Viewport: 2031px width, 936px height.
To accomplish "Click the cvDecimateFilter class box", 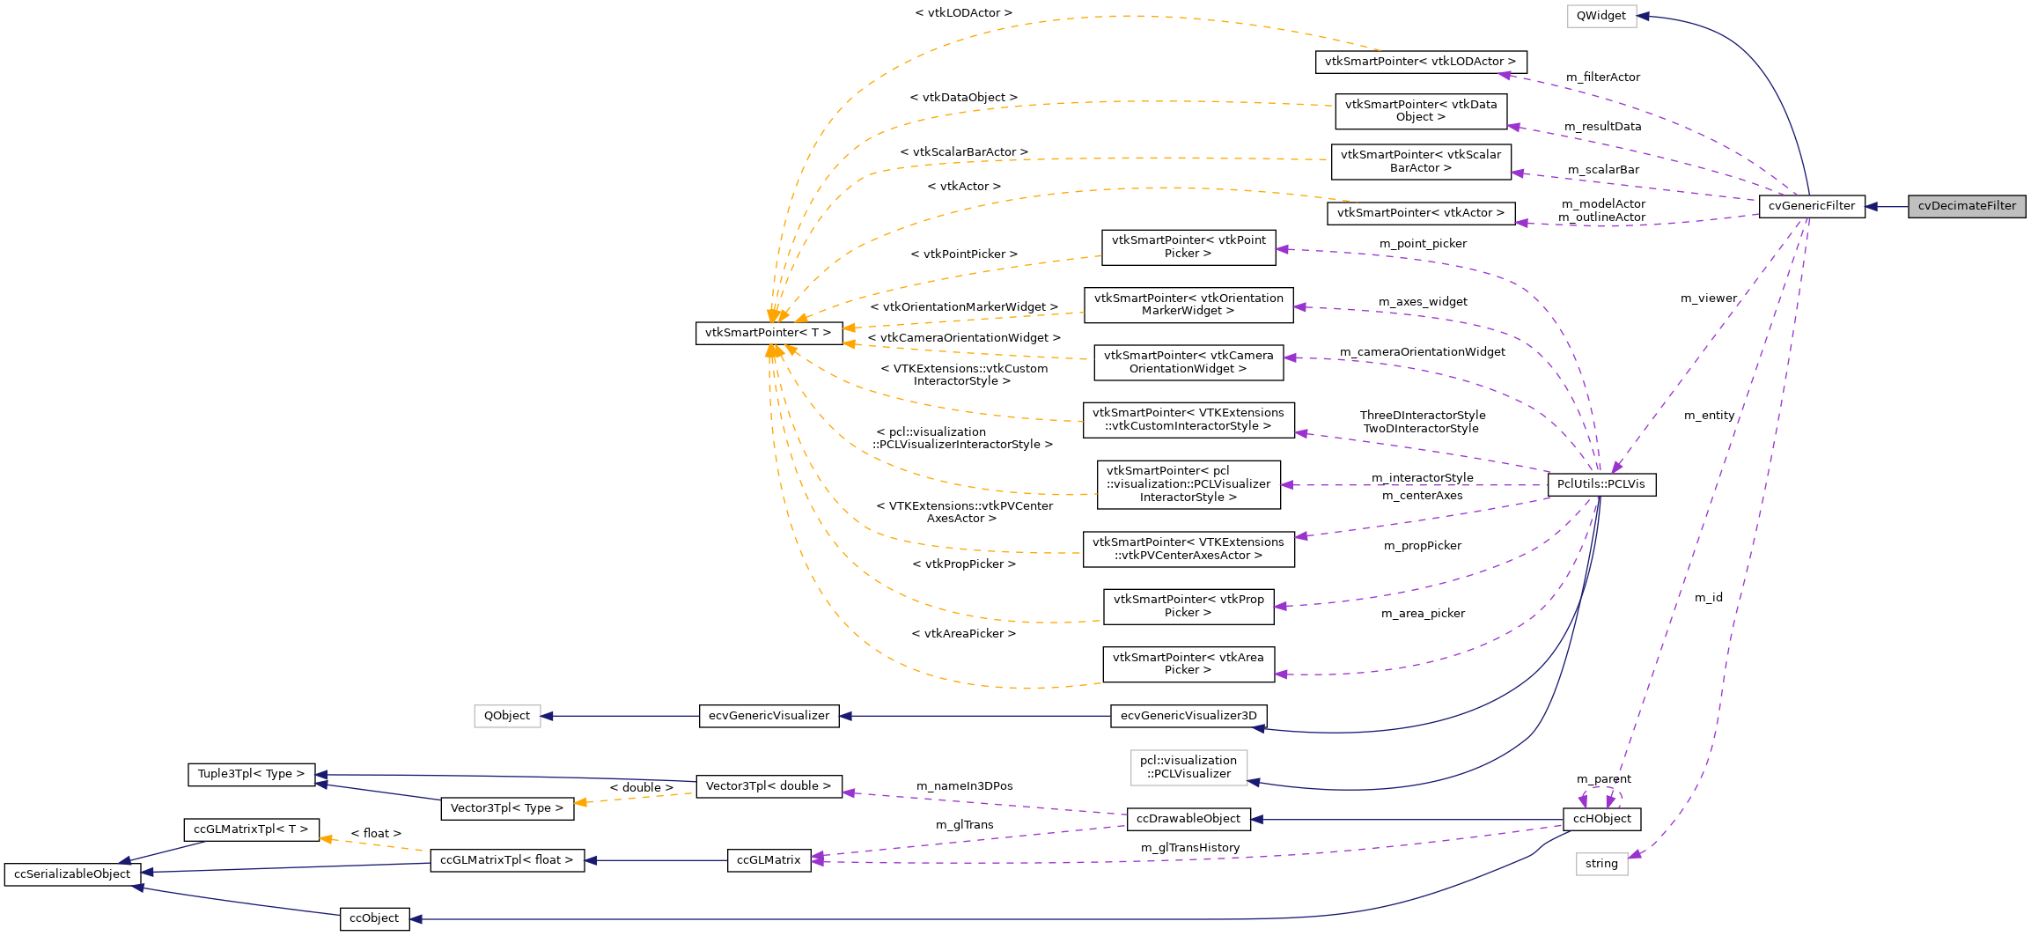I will (x=1967, y=206).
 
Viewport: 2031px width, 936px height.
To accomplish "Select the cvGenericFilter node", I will (x=1811, y=206).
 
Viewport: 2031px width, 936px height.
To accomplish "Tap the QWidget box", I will (x=1601, y=16).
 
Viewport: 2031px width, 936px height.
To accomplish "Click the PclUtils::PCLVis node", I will (x=1601, y=484).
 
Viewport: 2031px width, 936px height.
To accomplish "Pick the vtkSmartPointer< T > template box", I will (x=768, y=333).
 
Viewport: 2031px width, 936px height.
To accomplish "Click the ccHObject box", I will (x=1601, y=819).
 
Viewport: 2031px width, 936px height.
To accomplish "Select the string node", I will (x=1601, y=864).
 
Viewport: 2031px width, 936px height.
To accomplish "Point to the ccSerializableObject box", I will (x=72, y=874).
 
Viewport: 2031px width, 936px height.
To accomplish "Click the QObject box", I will (x=506, y=716).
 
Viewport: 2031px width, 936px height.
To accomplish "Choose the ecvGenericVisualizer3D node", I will (x=1188, y=716).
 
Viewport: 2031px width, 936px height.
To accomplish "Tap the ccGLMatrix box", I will (x=769, y=860).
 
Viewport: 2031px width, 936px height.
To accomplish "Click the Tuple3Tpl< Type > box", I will (x=251, y=774).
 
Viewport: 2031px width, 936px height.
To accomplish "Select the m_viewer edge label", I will (x=1708, y=298).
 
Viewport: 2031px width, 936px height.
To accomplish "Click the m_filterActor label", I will (x=1602, y=77).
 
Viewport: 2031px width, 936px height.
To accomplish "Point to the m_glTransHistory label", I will (x=1189, y=848).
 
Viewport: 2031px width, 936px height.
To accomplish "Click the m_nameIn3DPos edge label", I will (x=964, y=786).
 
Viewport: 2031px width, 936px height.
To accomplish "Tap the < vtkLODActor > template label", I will (x=963, y=13).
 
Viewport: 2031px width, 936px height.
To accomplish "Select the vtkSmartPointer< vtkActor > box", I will (x=1420, y=213).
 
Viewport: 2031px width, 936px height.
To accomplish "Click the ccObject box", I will (x=374, y=918).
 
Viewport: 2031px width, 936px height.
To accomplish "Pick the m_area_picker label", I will (x=1422, y=614).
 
